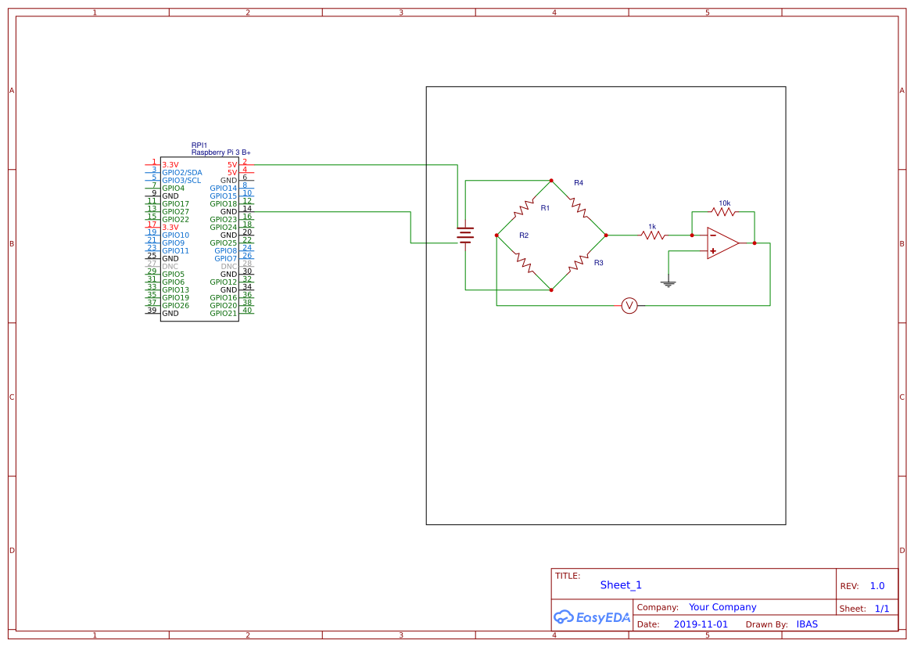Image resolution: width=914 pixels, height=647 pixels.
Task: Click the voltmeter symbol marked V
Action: point(629,306)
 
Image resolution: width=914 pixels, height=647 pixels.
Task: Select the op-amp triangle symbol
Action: point(722,243)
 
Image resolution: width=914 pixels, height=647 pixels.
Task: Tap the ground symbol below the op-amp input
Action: point(668,282)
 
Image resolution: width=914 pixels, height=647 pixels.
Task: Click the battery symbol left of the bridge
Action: point(465,235)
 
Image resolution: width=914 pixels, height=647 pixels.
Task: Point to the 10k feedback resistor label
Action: point(725,203)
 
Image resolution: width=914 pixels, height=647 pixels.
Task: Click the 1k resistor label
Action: point(652,227)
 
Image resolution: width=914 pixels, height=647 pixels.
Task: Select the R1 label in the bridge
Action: point(545,208)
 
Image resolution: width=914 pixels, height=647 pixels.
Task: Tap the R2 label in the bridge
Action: point(524,235)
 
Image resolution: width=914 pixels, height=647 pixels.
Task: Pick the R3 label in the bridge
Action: point(598,263)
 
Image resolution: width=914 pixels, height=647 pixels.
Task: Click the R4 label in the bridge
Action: point(579,183)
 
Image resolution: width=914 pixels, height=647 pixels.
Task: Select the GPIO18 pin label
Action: point(223,204)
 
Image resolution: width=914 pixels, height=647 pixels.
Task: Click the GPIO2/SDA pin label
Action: point(182,173)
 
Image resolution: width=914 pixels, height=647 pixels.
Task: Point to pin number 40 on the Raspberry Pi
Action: point(247,311)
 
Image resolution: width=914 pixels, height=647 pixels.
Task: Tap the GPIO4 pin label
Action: point(174,189)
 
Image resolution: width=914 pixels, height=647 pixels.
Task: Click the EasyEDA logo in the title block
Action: point(592,617)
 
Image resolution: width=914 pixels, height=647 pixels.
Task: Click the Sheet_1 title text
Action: point(621,585)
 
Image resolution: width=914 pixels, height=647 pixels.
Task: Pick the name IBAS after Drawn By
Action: point(807,625)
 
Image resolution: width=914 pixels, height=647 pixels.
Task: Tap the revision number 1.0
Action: point(877,586)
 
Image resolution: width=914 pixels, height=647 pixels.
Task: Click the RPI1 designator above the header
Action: point(199,146)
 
